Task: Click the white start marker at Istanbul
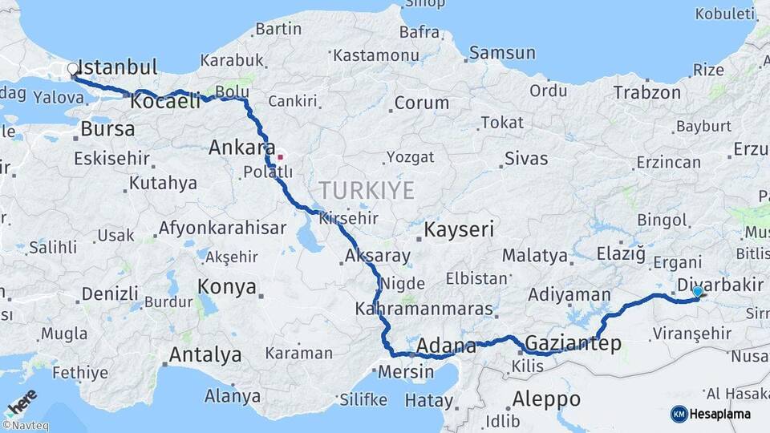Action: tap(73, 69)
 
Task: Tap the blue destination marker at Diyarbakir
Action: tap(698, 293)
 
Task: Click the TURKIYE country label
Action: tap(367, 191)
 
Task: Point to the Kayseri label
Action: tap(458, 229)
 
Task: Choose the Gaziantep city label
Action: tap(573, 344)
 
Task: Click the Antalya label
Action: tap(205, 354)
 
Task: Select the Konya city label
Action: tap(227, 286)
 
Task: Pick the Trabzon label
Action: tap(646, 93)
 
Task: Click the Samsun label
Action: tap(502, 53)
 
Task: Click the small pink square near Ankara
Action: tap(280, 156)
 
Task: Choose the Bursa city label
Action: tap(107, 128)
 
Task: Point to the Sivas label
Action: tap(526, 158)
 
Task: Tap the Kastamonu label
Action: tap(375, 55)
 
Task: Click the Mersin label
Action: tap(405, 372)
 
